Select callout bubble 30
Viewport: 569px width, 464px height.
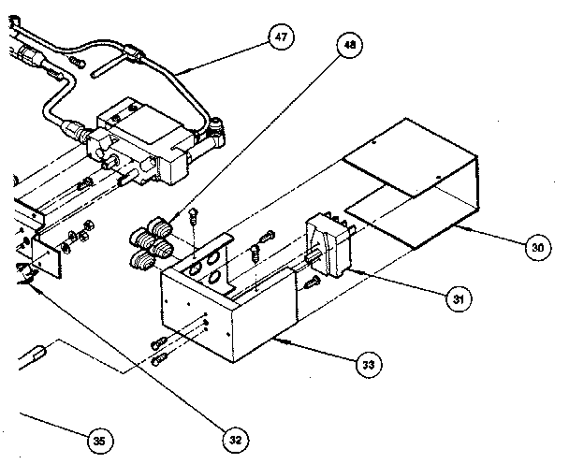click(536, 249)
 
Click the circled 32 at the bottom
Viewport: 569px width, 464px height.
click(236, 436)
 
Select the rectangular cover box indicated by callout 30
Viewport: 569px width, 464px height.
click(412, 178)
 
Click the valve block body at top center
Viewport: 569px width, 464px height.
click(140, 140)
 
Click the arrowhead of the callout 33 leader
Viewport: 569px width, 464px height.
click(277, 340)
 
